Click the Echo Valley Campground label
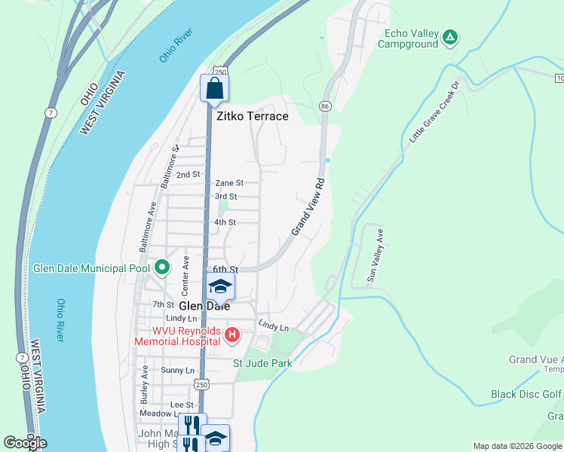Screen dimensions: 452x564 point(411,38)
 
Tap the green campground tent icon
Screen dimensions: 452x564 point(450,36)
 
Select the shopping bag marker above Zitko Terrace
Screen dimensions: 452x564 point(215,88)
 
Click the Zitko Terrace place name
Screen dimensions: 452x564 point(253,116)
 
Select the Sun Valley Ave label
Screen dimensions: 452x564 point(375,256)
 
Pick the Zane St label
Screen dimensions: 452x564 point(229,183)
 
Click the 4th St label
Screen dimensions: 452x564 point(225,222)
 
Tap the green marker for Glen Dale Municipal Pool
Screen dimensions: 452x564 point(161,267)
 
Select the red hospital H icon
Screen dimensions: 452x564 point(232,334)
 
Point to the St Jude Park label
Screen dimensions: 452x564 point(262,363)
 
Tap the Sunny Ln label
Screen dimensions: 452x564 point(178,371)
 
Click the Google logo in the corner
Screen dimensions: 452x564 point(25,443)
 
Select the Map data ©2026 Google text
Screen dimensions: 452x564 point(516,446)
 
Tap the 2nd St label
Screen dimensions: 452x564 point(188,174)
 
